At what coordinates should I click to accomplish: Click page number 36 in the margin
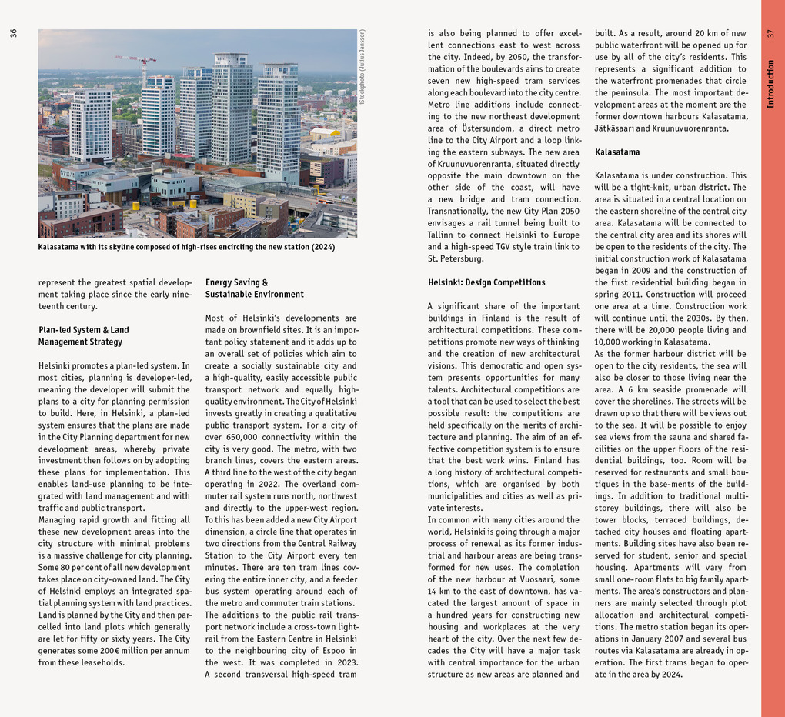[13, 33]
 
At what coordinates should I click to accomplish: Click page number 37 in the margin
[771, 33]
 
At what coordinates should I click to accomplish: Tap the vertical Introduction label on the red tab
[771, 84]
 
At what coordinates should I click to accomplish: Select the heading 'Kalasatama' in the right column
[617, 152]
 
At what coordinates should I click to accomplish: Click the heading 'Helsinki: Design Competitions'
[486, 282]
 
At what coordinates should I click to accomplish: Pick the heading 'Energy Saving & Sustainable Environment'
[254, 288]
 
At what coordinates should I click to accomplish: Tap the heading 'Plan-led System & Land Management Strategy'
[83, 336]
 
